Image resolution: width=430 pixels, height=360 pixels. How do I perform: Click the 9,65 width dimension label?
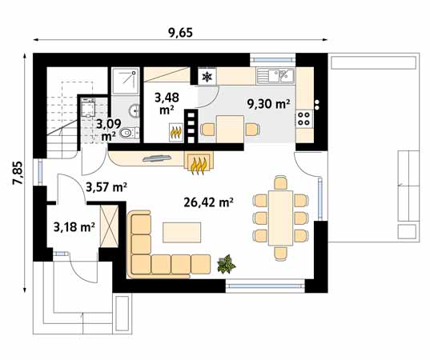point(180,33)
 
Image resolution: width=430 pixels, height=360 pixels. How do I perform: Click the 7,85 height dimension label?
point(18,173)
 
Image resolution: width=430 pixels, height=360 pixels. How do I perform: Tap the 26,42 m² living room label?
point(208,202)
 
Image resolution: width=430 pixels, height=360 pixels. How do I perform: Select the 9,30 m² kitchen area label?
point(268,104)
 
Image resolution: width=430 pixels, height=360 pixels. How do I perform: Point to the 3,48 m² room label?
point(167,103)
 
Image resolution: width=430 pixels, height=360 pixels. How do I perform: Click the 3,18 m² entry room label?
point(74,227)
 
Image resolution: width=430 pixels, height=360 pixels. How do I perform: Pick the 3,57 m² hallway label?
point(106,187)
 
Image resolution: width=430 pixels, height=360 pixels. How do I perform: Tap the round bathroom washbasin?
point(134,110)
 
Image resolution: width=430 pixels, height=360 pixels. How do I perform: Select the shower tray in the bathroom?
point(126,81)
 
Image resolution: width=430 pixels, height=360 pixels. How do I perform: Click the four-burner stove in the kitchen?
point(304,119)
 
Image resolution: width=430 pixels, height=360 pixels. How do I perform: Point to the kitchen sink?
point(275,76)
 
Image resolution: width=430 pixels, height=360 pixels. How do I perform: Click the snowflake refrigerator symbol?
point(207,77)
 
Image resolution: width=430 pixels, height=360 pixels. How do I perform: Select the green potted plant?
point(226,264)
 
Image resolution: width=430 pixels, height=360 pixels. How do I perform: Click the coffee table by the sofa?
point(182,233)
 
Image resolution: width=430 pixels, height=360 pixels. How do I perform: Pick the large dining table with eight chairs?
point(280,218)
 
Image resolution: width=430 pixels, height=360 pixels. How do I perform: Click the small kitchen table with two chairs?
point(230,129)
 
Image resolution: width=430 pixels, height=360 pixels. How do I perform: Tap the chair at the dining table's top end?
point(280,183)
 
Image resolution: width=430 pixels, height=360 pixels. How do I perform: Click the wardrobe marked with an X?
point(109,226)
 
